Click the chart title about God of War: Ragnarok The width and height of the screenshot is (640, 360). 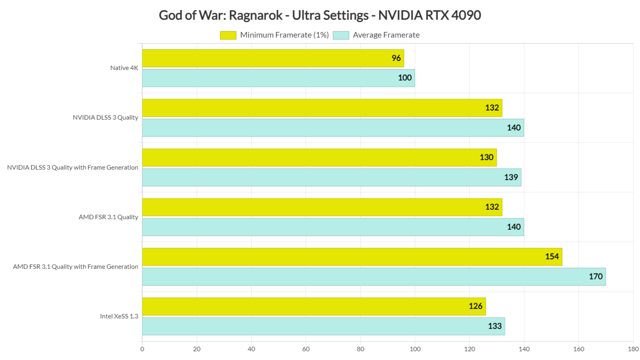coord(320,15)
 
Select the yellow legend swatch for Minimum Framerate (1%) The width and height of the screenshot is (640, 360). coord(228,35)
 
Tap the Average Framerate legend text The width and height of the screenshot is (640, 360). coord(386,35)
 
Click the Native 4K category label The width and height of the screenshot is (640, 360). coord(124,68)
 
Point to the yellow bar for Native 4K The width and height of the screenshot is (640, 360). coord(272,58)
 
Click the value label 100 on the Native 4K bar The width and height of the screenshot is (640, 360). coord(405,78)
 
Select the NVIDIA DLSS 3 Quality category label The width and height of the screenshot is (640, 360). coord(105,117)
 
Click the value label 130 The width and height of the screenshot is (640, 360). coord(486,157)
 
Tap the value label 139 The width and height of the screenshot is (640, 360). coord(511,177)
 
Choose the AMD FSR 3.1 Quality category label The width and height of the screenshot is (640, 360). coord(108,217)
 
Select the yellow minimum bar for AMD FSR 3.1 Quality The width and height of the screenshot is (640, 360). coord(322,207)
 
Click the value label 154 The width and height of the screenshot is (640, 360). coord(552,257)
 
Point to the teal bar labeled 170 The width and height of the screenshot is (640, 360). coord(373,277)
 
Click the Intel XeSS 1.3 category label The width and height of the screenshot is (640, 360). coord(119,316)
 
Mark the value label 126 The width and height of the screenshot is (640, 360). coord(475,306)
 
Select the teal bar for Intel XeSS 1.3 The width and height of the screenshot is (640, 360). coord(323,326)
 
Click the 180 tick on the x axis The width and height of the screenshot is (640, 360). coord(633,349)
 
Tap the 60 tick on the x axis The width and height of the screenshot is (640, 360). coord(306,349)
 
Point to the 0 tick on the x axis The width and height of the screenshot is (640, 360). coord(142,349)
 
